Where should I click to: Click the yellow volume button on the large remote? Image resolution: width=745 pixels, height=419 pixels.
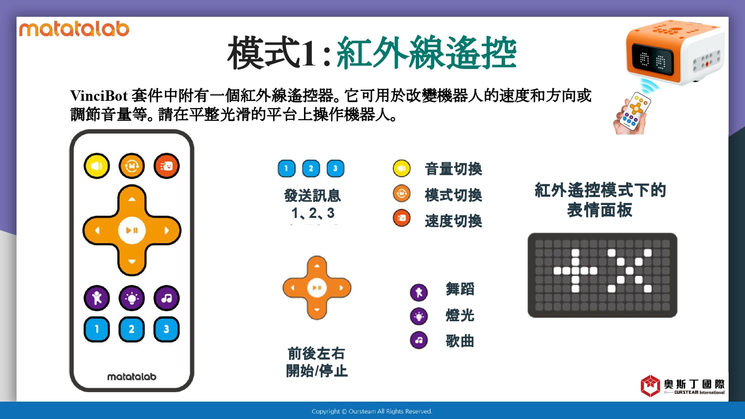point(97,166)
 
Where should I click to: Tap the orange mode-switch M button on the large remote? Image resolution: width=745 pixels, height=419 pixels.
point(132,166)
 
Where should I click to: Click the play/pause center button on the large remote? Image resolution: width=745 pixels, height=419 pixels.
point(132,230)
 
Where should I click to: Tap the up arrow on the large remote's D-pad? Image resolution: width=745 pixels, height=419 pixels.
point(132,200)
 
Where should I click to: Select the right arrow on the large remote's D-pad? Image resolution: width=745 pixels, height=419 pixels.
point(166,230)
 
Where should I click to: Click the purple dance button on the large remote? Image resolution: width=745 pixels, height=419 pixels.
point(97,298)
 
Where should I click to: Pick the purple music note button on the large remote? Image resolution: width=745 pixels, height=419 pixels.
point(166,298)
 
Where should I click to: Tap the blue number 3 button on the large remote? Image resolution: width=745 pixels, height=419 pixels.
point(166,329)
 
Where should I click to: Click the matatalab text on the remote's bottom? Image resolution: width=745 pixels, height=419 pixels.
point(132,377)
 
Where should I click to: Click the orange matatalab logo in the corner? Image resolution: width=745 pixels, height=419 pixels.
point(74,29)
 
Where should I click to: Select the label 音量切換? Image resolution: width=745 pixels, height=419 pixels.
point(453,169)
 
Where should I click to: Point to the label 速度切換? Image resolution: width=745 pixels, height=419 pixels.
point(453,221)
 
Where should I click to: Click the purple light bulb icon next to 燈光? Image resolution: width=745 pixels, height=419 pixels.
point(419,316)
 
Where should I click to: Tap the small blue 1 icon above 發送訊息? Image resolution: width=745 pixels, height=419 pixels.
point(287,169)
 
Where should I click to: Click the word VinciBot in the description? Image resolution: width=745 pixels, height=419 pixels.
point(99,96)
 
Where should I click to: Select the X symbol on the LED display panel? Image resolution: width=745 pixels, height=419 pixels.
point(630,271)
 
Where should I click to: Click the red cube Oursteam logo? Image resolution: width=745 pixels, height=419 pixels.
point(650,386)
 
